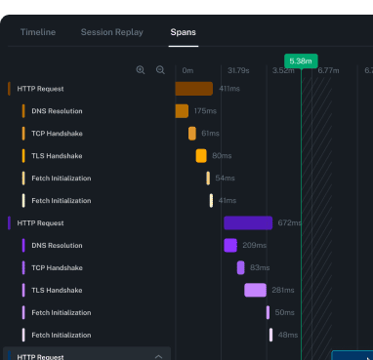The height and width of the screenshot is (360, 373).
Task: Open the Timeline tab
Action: click(x=38, y=32)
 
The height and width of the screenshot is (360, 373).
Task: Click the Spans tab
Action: click(x=183, y=32)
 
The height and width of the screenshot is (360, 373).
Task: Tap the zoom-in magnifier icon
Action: click(x=141, y=70)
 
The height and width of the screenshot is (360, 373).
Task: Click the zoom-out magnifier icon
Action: click(x=160, y=70)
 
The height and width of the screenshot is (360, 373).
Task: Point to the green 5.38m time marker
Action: click(x=301, y=60)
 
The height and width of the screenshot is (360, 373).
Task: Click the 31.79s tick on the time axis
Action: click(x=238, y=70)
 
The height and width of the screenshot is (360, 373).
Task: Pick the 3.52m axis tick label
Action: click(x=283, y=70)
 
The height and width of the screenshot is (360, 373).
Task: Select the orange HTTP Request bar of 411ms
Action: click(x=193, y=89)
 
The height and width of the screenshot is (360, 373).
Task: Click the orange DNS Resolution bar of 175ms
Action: click(x=182, y=111)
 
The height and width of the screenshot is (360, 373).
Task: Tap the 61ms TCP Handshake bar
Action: click(x=192, y=134)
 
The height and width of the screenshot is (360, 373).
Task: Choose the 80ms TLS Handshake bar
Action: click(x=201, y=156)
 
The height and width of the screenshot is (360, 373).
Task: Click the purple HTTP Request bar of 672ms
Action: click(x=248, y=223)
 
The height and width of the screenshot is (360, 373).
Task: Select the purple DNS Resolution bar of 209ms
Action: click(x=230, y=246)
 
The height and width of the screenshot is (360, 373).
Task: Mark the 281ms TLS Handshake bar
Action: click(x=255, y=290)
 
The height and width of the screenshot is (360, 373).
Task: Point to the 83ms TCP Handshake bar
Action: click(x=240, y=267)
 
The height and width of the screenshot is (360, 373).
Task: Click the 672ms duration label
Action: click(x=290, y=223)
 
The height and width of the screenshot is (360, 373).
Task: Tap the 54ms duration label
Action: click(x=226, y=179)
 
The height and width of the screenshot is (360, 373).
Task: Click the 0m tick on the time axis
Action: click(x=187, y=70)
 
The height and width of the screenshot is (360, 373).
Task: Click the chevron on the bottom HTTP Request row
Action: click(x=159, y=357)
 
